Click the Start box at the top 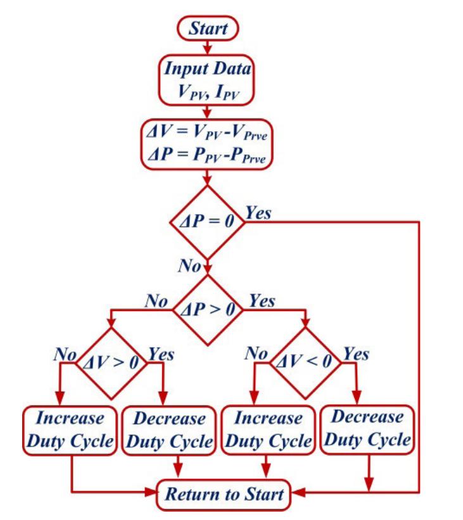coord(208,28)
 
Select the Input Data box coord(208,80)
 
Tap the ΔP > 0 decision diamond coord(208,310)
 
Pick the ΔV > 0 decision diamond coord(111,363)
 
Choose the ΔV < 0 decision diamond coord(306,363)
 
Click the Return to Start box coord(224,493)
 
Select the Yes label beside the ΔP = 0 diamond coord(258,213)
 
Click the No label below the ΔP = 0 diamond coord(189,266)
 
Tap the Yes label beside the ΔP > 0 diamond coord(262,300)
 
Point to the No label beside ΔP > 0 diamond coord(156,300)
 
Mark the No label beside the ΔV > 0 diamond coord(65,353)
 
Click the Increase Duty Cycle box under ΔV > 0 coord(70,430)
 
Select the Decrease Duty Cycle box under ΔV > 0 coord(169,431)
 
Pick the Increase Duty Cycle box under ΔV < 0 coord(268,430)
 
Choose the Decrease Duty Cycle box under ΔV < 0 coord(367,428)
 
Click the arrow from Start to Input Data coord(207,48)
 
